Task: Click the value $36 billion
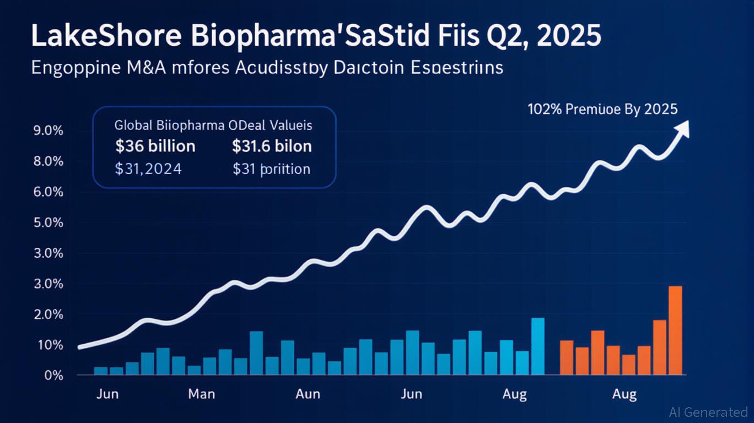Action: click(x=155, y=147)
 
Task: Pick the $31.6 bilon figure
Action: click(x=272, y=147)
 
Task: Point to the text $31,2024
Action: click(x=148, y=169)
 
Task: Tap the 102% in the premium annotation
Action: click(x=545, y=109)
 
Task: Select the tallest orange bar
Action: click(x=675, y=329)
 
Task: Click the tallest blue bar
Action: click(x=538, y=346)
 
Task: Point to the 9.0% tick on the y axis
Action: click(x=48, y=131)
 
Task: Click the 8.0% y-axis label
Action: click(x=48, y=162)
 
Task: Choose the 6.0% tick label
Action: click(x=48, y=193)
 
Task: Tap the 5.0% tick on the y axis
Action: click(x=48, y=223)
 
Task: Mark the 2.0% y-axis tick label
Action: click(x=48, y=315)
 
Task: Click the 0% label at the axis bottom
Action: click(x=53, y=376)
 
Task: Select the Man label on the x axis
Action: click(x=201, y=394)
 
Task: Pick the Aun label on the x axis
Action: click(x=308, y=394)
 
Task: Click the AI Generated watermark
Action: click(x=708, y=412)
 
